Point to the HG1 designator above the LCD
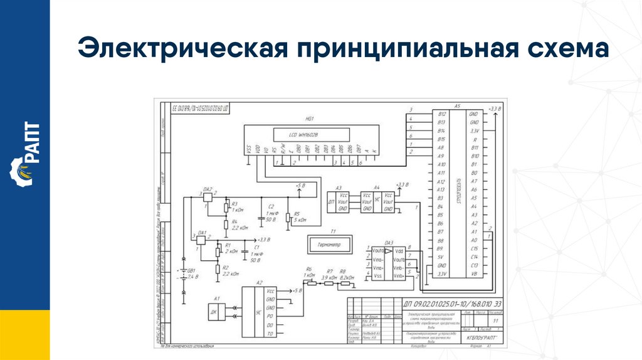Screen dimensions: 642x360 (x=309, y=119)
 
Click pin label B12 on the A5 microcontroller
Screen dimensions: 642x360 (x=441, y=114)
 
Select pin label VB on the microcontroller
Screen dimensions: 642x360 (x=475, y=274)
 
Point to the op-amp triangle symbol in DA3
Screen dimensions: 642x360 (x=389, y=251)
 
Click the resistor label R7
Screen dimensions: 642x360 (x=330, y=271)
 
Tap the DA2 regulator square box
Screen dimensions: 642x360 (x=208, y=196)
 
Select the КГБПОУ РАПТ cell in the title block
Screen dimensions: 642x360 (x=478, y=337)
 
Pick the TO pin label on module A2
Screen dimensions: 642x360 (x=271, y=334)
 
